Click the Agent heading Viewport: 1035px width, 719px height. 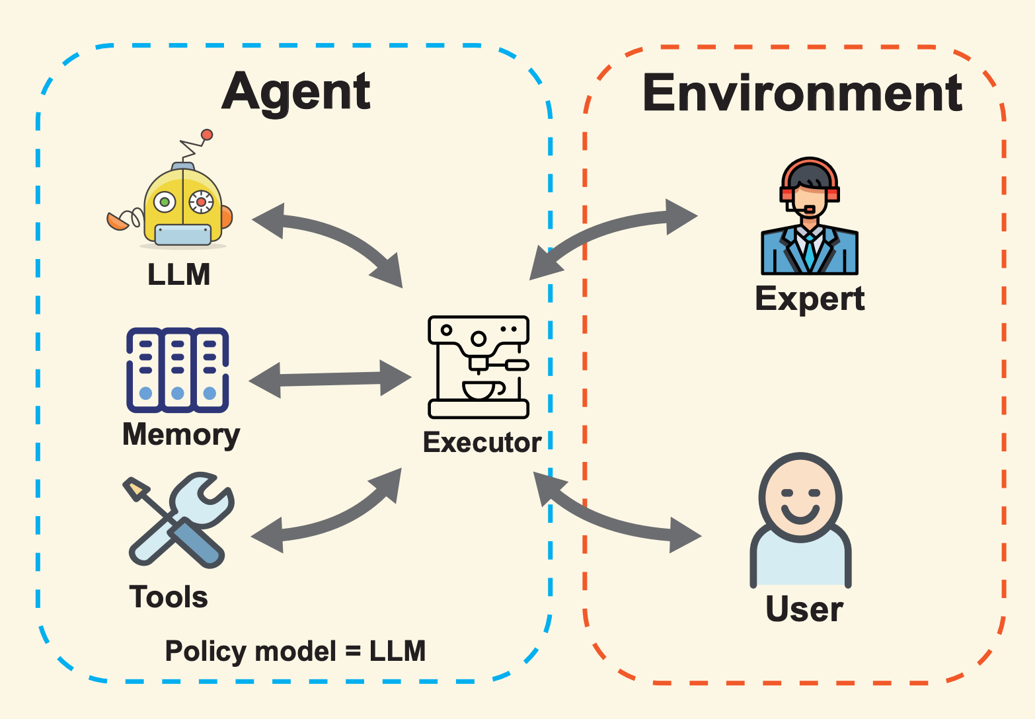click(x=295, y=92)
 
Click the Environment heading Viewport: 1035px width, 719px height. click(x=802, y=93)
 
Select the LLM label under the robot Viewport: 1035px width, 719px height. click(x=178, y=274)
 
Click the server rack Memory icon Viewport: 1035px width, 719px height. click(x=177, y=370)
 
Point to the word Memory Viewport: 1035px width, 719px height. click(x=181, y=435)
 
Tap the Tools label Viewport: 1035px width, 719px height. click(x=169, y=597)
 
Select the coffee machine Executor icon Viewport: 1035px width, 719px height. click(x=479, y=367)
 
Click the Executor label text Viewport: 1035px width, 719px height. click(x=482, y=442)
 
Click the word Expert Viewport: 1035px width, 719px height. click(x=810, y=299)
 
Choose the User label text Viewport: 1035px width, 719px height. click(x=804, y=609)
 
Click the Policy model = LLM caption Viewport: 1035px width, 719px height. click(x=295, y=651)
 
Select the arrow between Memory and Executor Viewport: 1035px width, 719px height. click(x=330, y=379)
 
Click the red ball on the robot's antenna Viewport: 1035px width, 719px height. click(x=207, y=135)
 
